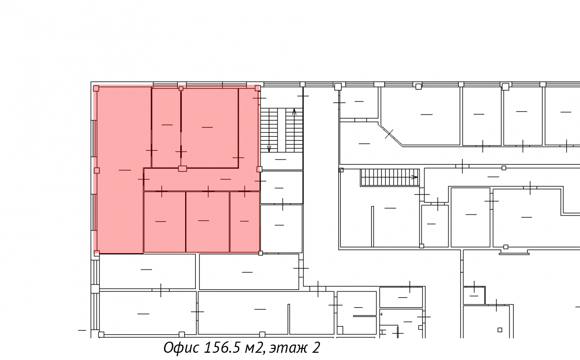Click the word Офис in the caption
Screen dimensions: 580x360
pos(181,347)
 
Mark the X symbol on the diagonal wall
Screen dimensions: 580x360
pos(389,134)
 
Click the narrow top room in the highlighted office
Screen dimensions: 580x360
pos(166,128)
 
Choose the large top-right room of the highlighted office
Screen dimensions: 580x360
pos(209,128)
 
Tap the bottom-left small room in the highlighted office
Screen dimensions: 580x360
pos(164,221)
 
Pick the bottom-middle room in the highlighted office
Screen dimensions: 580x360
pos(207,221)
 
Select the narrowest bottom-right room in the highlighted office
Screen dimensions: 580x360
pos(245,221)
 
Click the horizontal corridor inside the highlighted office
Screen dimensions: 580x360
pos(202,180)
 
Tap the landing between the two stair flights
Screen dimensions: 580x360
pos(281,161)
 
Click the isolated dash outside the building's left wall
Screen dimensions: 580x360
pos(82,330)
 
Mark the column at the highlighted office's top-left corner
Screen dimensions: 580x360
pos(96,88)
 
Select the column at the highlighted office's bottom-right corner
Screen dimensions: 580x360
pos(261,253)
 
